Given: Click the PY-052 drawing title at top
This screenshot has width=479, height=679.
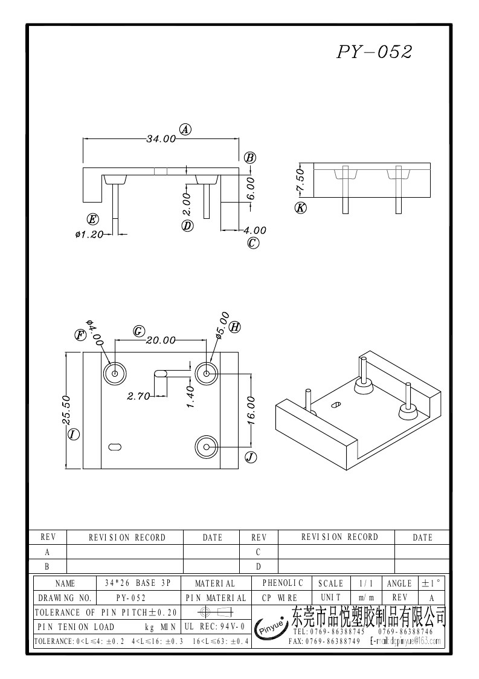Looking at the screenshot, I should click(x=374, y=53).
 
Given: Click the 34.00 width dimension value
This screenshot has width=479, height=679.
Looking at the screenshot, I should click(x=161, y=138).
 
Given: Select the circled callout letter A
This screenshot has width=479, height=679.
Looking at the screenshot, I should click(x=185, y=129).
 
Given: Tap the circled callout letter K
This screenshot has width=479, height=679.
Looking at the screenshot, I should click(x=300, y=208).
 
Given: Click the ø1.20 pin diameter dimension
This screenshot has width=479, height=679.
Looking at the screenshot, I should click(x=89, y=234).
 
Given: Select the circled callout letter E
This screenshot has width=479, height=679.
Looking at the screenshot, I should click(x=92, y=219).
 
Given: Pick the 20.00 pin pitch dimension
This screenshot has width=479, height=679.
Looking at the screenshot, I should click(x=160, y=340).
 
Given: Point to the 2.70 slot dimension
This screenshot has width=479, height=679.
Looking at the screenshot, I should click(x=138, y=397).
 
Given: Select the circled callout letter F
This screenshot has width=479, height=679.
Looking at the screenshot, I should click(x=80, y=334).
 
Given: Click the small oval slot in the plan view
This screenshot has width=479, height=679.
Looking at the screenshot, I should click(x=114, y=446).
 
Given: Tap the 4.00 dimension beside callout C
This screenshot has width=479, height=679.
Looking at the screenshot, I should click(x=254, y=230).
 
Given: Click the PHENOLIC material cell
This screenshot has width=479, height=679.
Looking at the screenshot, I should click(x=283, y=583).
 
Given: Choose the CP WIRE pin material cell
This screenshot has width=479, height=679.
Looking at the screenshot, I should click(x=283, y=597).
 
